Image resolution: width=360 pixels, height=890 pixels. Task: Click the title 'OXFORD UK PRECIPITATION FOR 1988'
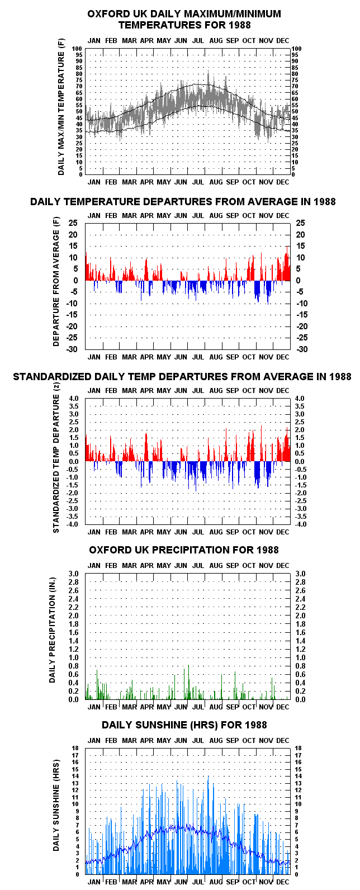tap(183, 550)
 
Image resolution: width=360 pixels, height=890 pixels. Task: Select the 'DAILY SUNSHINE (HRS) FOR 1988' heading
tap(184, 725)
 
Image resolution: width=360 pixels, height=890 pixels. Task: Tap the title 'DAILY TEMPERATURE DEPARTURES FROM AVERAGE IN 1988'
tap(183, 202)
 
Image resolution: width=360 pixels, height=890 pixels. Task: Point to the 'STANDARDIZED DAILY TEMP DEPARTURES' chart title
tap(182, 377)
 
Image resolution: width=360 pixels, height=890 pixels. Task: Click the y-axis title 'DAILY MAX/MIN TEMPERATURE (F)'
tap(61, 108)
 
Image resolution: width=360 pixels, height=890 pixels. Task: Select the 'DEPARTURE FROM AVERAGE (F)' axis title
tap(56, 282)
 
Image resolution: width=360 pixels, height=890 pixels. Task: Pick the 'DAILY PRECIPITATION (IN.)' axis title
tap(52, 630)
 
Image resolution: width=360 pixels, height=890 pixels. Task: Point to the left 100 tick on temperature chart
tap(77, 49)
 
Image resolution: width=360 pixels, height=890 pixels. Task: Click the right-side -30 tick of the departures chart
tap(302, 349)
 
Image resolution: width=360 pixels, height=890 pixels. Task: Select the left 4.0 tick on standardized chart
tap(74, 398)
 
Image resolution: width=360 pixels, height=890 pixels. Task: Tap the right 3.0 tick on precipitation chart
tap(300, 574)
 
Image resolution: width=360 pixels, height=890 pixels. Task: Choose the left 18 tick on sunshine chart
tap(75, 748)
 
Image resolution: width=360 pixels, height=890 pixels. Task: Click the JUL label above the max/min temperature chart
tap(198, 40)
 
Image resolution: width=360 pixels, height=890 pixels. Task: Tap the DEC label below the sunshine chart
tap(282, 882)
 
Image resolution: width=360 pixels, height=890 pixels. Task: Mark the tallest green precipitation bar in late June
tap(188, 683)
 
